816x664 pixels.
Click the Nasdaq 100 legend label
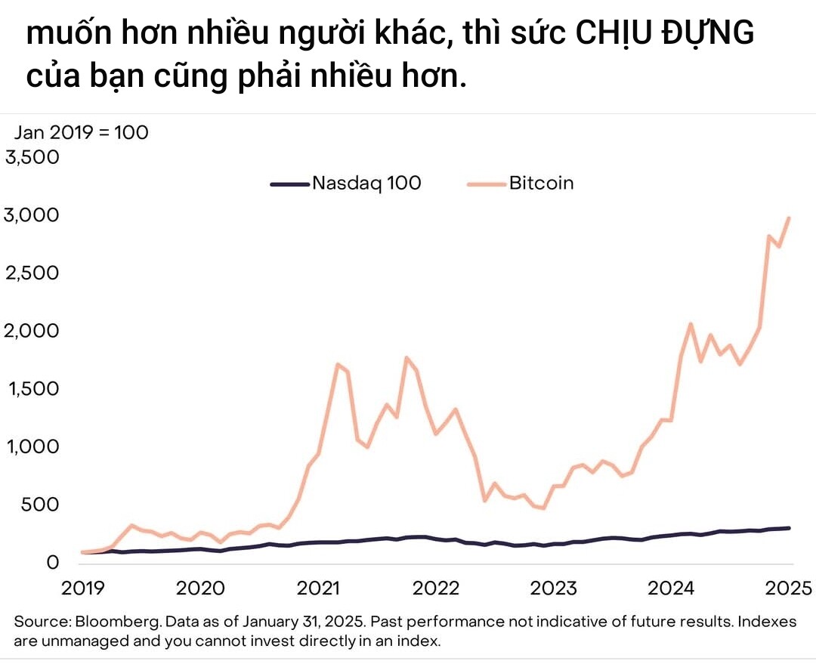tap(366, 183)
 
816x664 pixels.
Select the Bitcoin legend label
tap(541, 183)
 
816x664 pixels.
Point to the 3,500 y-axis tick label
tap(32, 157)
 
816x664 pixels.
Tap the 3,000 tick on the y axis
tap(32, 215)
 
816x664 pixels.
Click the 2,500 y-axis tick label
tap(32, 273)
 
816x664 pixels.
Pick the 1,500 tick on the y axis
tap(32, 389)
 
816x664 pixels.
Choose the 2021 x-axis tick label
tap(317, 588)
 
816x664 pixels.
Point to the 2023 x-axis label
tap(554, 588)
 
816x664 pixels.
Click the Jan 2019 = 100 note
tap(82, 132)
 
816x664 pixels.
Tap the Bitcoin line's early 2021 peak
tap(337, 364)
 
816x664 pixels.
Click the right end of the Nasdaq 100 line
tap(789, 528)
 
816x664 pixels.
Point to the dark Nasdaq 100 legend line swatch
tap(290, 184)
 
